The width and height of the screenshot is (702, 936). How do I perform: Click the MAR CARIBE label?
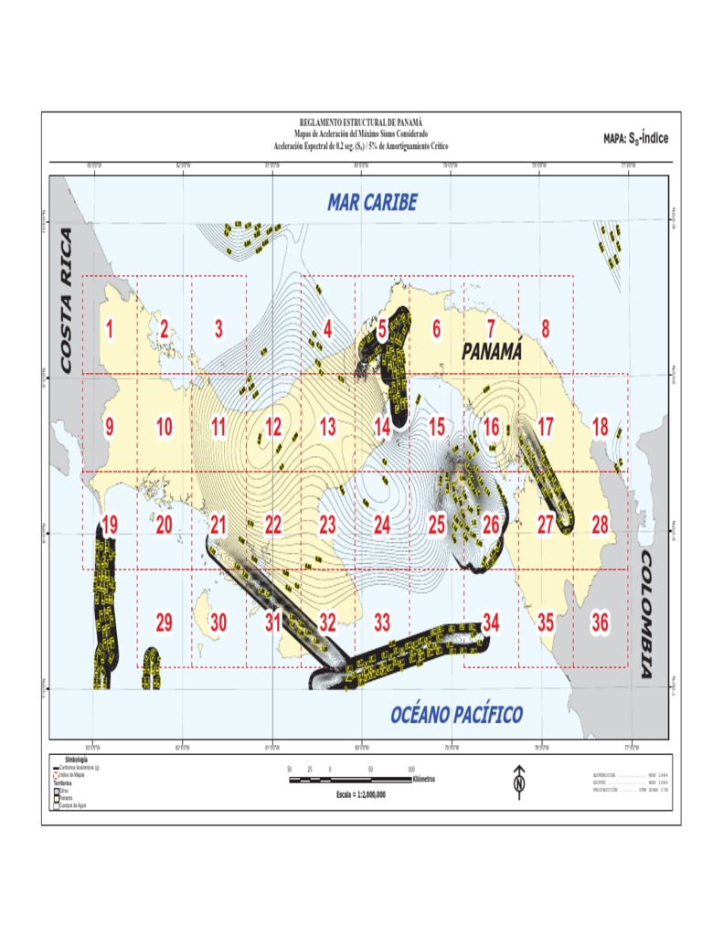(x=372, y=203)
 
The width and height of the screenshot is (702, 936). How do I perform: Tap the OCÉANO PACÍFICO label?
(x=456, y=714)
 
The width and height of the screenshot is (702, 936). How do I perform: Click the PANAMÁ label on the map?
(x=491, y=351)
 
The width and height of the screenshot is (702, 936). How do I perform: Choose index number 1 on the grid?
(x=110, y=329)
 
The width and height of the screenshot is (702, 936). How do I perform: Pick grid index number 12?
(x=273, y=427)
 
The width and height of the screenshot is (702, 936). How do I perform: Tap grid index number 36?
(x=600, y=622)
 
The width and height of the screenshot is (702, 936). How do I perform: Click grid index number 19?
(x=110, y=525)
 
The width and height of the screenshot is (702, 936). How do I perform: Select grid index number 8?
(x=546, y=329)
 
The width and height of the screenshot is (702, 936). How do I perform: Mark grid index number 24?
(x=382, y=525)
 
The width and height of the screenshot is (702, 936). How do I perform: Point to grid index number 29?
(x=164, y=622)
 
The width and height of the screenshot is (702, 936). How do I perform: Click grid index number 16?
(x=492, y=427)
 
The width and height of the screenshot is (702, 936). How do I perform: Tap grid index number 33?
(x=382, y=622)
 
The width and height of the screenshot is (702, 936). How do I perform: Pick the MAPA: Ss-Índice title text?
(x=636, y=138)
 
